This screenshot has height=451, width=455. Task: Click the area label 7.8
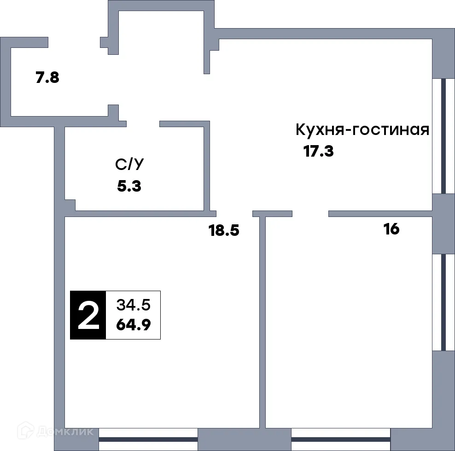(47, 77)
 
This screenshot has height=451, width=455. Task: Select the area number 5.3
(129, 186)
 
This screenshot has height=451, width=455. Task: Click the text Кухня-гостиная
(362, 130)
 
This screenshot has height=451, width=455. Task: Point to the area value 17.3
(318, 151)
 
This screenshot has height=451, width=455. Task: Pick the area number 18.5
(224, 230)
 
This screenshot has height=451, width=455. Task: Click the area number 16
(391, 229)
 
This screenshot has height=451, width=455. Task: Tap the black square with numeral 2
(88, 315)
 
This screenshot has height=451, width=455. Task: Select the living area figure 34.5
(133, 305)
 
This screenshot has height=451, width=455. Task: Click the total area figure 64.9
(133, 325)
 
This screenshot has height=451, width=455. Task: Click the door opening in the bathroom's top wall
(143, 123)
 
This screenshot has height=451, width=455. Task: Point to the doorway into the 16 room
(310, 213)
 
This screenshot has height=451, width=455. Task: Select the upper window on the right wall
(443, 136)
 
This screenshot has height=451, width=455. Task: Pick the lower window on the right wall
(443, 302)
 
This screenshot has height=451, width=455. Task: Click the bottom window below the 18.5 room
(148, 439)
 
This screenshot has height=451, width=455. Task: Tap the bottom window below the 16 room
(341, 439)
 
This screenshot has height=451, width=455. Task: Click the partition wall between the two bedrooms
(262, 322)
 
